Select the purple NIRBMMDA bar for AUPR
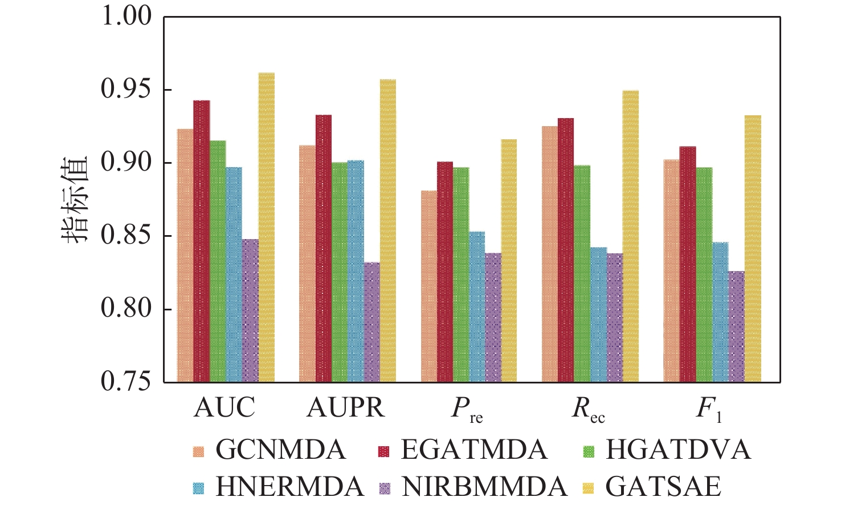371,322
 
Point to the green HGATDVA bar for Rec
582,273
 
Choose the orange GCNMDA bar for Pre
429,286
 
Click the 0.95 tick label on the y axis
126,90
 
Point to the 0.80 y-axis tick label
126,309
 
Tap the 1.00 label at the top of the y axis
126,17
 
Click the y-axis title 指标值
75,199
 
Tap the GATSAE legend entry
663,487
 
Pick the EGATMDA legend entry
473,450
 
